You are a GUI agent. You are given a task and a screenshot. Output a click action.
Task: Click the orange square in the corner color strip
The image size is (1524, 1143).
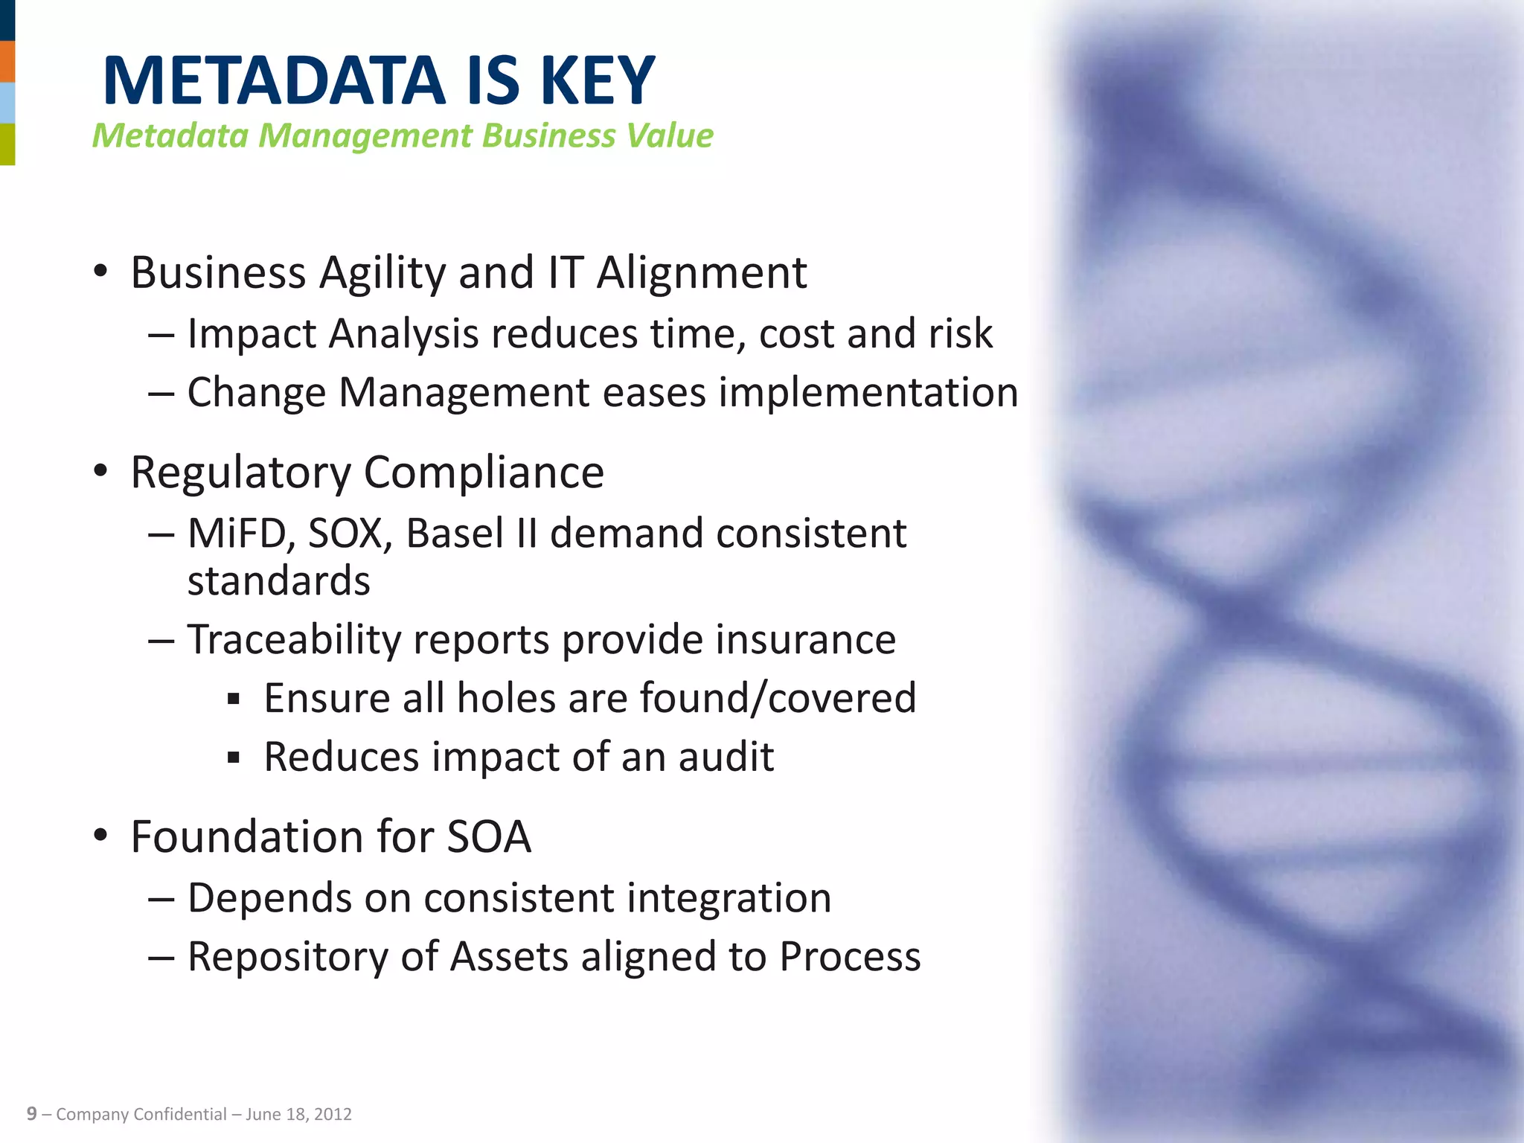7,62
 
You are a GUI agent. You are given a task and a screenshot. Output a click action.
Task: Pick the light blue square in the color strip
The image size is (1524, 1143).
7,103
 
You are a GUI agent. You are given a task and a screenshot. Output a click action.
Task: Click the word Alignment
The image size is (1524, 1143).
701,274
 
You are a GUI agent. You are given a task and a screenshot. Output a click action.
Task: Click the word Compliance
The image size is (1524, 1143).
484,473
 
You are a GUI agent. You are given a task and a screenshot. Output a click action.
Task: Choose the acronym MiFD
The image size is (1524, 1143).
241,534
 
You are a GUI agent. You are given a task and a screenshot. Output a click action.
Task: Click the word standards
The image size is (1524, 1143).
278,581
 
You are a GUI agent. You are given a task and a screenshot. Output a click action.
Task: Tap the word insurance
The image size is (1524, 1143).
805,640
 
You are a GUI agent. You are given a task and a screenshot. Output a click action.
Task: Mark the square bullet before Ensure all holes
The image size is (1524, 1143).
234,699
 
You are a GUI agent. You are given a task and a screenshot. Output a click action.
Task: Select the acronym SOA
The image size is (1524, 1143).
488,837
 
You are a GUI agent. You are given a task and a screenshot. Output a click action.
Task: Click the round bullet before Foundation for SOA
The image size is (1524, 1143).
101,836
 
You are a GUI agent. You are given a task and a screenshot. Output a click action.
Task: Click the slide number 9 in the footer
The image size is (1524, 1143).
31,1114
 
